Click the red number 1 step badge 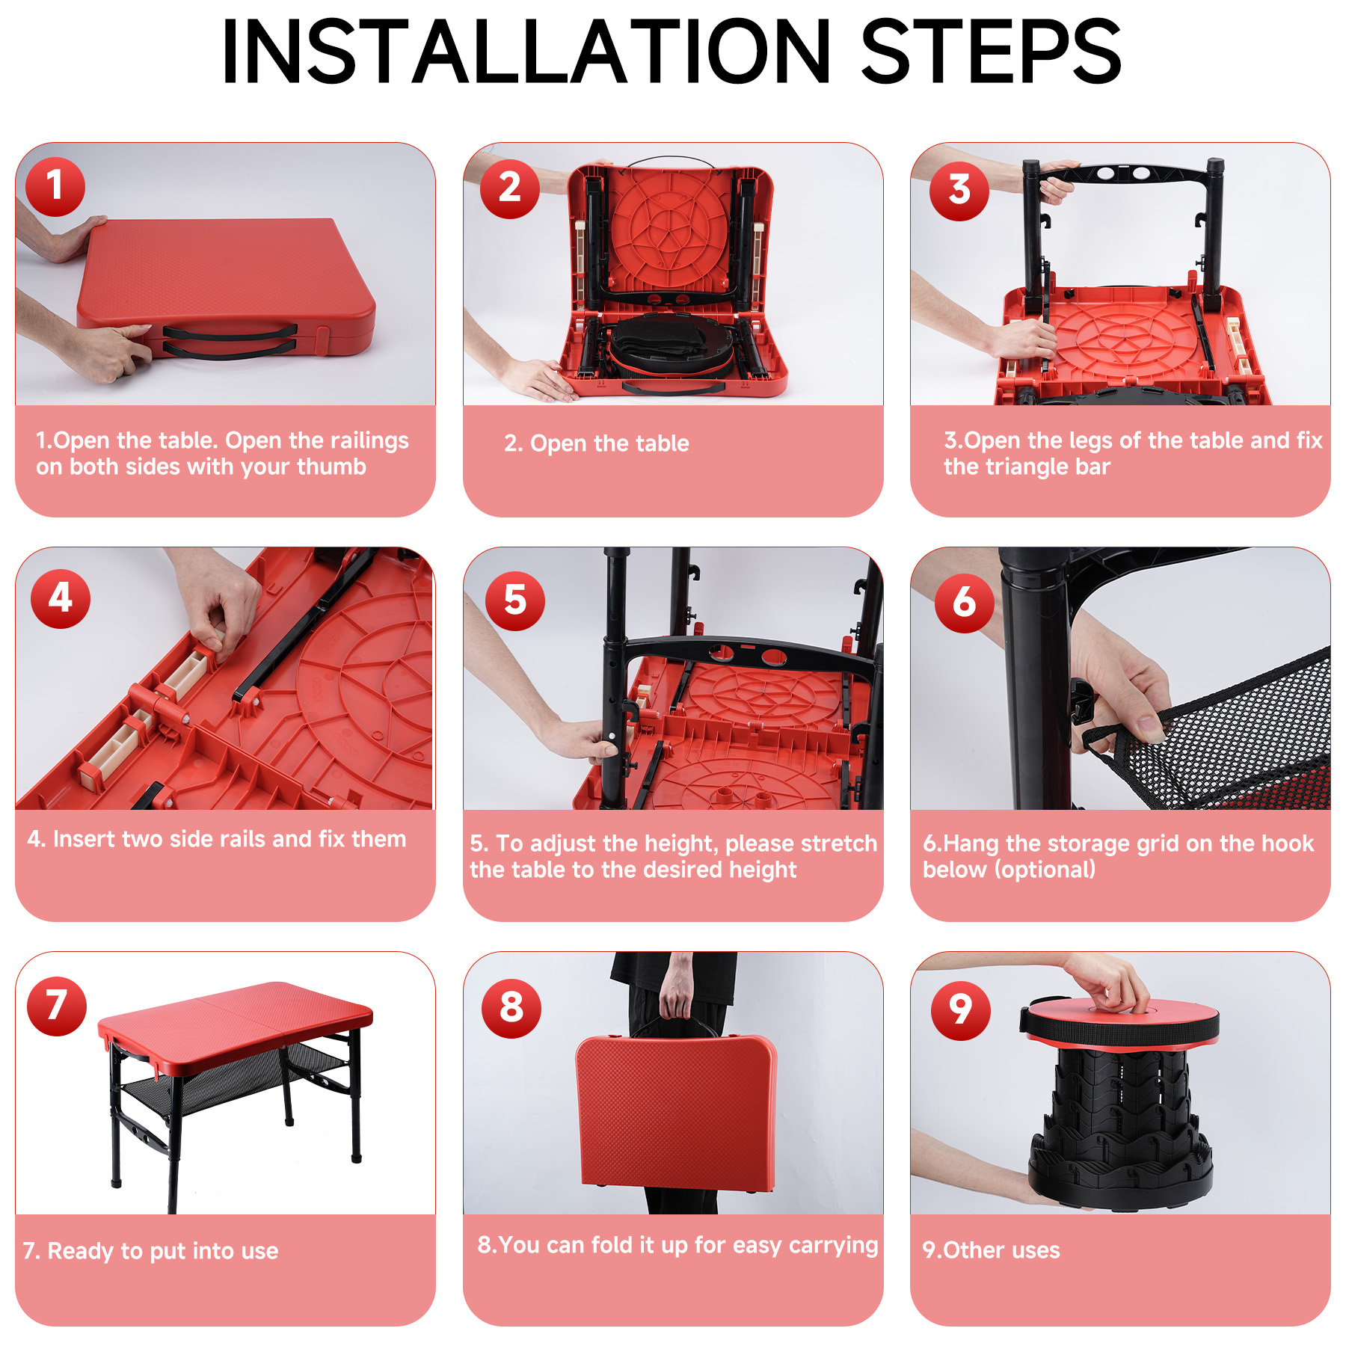pos(55,187)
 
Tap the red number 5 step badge pos(515,600)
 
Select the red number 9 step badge pos(960,1011)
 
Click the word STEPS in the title pos(991,51)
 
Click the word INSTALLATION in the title pos(526,51)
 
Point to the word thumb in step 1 pos(332,467)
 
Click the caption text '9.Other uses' pos(992,1250)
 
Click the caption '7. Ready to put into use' pos(150,1251)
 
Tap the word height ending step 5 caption pos(760,870)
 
